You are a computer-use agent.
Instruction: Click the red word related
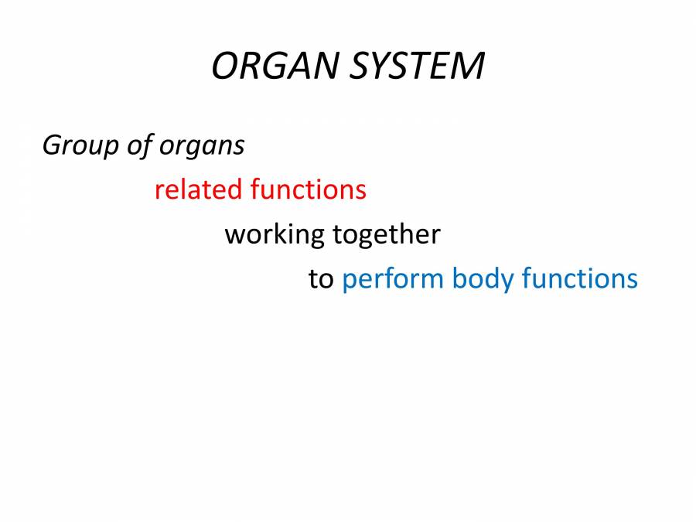point(198,189)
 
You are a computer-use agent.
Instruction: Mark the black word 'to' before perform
point(321,279)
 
